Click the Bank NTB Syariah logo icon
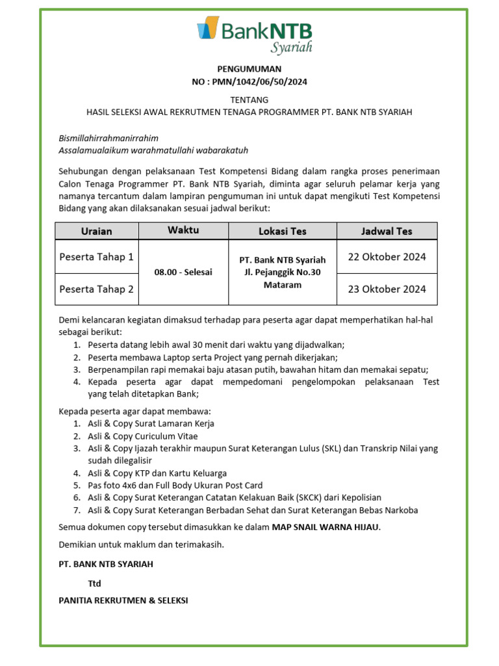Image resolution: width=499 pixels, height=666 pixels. click(x=207, y=29)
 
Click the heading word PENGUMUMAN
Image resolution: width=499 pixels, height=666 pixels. click(x=249, y=68)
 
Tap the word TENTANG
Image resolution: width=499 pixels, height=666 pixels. click(x=249, y=100)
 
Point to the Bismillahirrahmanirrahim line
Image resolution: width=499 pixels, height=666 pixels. click(x=109, y=138)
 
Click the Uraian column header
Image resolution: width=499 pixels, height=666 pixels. click(x=96, y=231)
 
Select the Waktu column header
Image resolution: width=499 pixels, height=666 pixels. click(x=183, y=230)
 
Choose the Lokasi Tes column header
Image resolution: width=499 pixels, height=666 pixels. click(x=282, y=231)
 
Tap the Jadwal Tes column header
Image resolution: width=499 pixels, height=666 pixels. click(x=387, y=231)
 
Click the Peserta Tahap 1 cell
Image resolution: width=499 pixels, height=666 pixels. click(x=96, y=257)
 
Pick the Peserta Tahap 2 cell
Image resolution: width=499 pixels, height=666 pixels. click(x=96, y=289)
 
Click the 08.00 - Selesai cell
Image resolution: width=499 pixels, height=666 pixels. click(x=183, y=272)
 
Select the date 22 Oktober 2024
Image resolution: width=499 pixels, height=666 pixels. click(x=387, y=257)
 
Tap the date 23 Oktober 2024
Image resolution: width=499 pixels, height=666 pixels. click(x=387, y=289)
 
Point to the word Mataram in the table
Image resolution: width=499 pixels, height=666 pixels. click(x=282, y=285)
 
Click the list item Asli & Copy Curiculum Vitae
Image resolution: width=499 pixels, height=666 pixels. click(x=142, y=436)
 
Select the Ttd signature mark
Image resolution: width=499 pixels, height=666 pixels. click(x=95, y=583)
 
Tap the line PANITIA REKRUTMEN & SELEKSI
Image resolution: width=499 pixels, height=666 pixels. click(x=123, y=600)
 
